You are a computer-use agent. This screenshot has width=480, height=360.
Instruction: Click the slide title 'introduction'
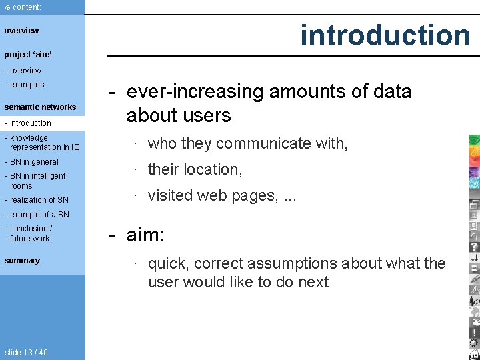pyautogui.click(x=385, y=35)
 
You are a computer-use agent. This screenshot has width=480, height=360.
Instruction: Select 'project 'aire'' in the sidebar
pyautogui.click(x=28, y=55)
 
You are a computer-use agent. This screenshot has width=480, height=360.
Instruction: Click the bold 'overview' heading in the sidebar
pyautogui.click(x=21, y=30)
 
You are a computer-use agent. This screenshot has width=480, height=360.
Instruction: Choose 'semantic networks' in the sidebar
pyautogui.click(x=40, y=107)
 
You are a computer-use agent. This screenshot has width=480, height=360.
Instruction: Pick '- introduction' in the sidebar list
pyautogui.click(x=27, y=123)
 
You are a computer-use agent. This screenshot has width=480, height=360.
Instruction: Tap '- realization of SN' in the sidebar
pyautogui.click(x=36, y=200)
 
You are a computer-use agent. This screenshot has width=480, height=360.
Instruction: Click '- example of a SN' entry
pyautogui.click(x=37, y=215)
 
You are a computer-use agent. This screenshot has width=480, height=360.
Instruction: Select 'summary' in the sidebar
pyautogui.click(x=22, y=261)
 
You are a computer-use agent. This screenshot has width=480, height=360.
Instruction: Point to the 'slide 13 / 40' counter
pyautogui.click(x=26, y=353)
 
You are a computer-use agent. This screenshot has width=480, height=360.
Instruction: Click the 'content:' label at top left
pyautogui.click(x=26, y=7)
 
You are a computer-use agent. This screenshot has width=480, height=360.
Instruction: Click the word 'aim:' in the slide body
pyautogui.click(x=145, y=235)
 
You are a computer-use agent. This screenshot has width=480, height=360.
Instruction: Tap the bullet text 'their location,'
pyautogui.click(x=195, y=169)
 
